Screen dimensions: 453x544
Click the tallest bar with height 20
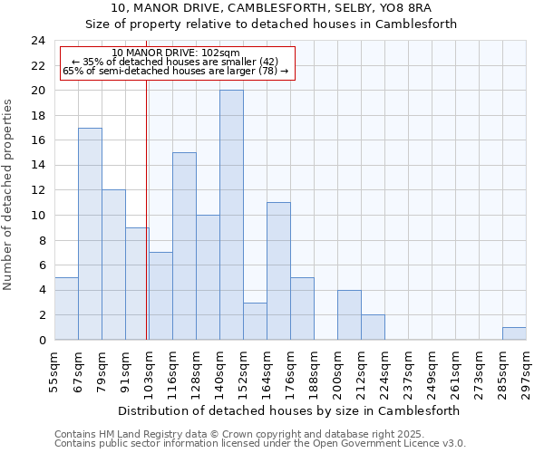tap(231, 215)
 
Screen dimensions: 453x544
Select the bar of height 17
tap(90, 234)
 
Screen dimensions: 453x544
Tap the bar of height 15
tap(184, 246)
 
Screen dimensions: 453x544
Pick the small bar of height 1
tap(514, 333)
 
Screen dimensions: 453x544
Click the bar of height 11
tap(278, 271)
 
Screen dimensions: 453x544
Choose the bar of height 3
tap(255, 321)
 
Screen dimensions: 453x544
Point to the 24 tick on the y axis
tap(38, 41)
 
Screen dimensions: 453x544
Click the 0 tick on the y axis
tap(42, 340)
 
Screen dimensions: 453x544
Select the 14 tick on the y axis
tap(38, 166)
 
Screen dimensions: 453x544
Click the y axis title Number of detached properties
tap(8, 190)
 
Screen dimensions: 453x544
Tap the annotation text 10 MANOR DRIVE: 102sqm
tap(176, 53)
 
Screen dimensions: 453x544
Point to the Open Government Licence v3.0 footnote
tap(260, 444)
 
